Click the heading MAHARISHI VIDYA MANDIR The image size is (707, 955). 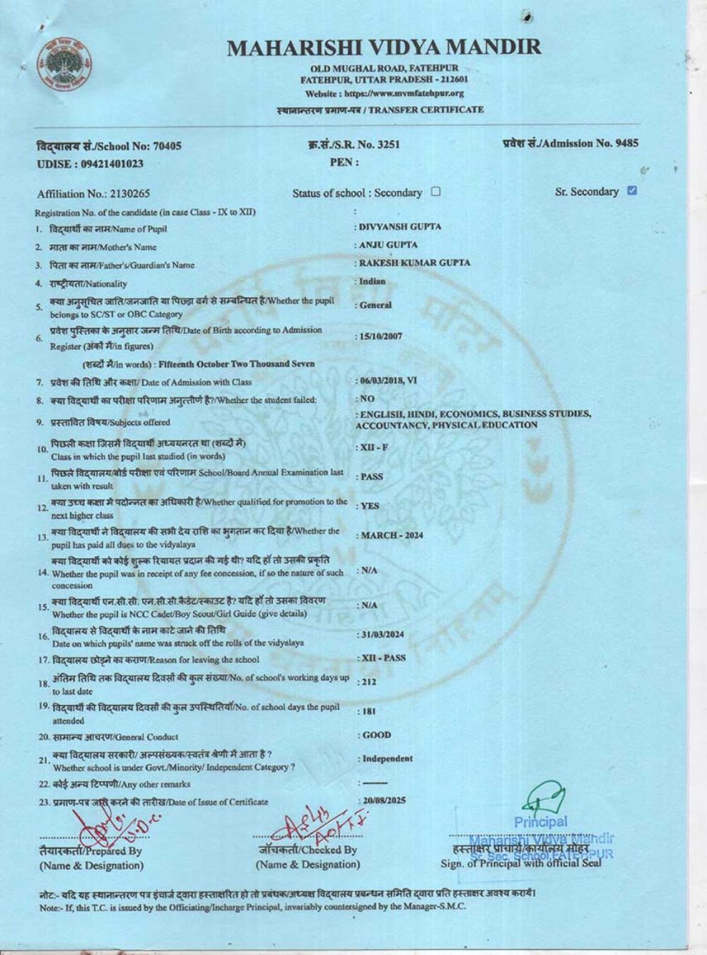[x=384, y=47]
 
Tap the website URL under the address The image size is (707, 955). [x=384, y=93]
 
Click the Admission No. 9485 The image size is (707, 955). [x=626, y=143]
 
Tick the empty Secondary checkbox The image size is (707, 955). [x=436, y=192]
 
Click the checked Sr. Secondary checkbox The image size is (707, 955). [x=632, y=190]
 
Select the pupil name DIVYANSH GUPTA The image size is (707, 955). [x=400, y=227]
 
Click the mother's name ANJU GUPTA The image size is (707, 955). [x=388, y=245]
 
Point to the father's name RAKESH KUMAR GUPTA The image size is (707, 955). [x=414, y=262]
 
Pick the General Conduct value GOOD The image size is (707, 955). [x=377, y=735]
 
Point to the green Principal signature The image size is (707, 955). [x=543, y=798]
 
